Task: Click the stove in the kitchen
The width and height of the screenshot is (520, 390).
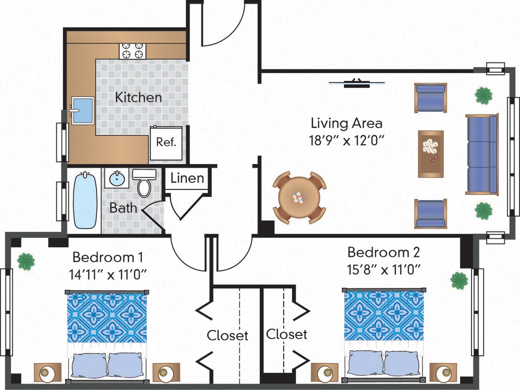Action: pos(133,51)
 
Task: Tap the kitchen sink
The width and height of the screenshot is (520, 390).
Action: pos(83,110)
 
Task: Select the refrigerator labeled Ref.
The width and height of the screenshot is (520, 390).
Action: pos(166,142)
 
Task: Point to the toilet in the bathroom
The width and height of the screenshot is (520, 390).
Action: pos(144,184)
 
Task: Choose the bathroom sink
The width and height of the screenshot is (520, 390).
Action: pos(116,177)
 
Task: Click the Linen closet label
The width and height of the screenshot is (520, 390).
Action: pos(187,178)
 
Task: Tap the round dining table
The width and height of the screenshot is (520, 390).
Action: pos(299,198)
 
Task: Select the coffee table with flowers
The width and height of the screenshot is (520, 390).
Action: pos(431,153)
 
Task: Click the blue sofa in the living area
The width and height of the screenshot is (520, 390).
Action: pos(482,154)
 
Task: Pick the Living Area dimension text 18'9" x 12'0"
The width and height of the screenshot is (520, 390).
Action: pos(347,139)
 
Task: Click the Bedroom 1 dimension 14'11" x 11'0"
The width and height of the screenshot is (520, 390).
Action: pos(108,274)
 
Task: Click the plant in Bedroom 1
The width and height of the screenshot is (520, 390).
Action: pos(26,261)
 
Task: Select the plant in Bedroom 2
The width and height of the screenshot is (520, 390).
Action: pos(459,280)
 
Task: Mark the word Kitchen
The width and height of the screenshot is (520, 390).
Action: pos(138,98)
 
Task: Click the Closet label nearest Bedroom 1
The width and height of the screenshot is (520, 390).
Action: pos(227,335)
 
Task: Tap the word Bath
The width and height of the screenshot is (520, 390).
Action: pos(123,208)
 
